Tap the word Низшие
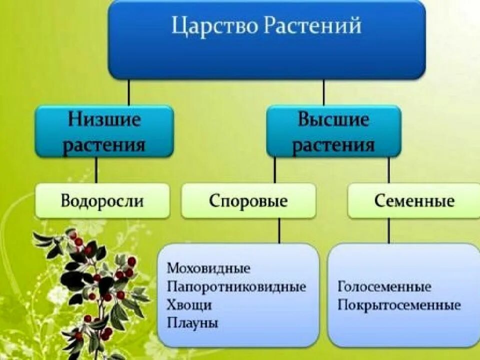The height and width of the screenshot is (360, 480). (104, 120)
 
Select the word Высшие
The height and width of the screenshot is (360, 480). (333, 120)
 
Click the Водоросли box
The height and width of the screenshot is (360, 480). (102, 201)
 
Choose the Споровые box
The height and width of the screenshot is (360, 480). (248, 201)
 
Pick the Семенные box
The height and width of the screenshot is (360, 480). (414, 201)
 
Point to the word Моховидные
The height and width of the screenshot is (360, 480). (208, 268)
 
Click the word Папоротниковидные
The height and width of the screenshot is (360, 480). (236, 287)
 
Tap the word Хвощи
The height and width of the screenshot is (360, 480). (189, 305)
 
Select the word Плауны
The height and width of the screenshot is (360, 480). (192, 323)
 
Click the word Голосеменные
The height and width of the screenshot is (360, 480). (384, 287)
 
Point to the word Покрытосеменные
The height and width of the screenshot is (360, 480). (399, 305)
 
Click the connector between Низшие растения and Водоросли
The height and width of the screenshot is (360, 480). (96, 170)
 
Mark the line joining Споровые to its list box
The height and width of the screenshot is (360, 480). (279, 231)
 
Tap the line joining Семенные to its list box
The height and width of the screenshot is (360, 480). (389, 231)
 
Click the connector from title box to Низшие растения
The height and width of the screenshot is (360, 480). (129, 92)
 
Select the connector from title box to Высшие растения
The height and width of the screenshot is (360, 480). (323, 92)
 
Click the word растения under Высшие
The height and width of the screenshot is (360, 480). (333, 145)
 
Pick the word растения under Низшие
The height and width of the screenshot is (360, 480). (104, 145)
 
